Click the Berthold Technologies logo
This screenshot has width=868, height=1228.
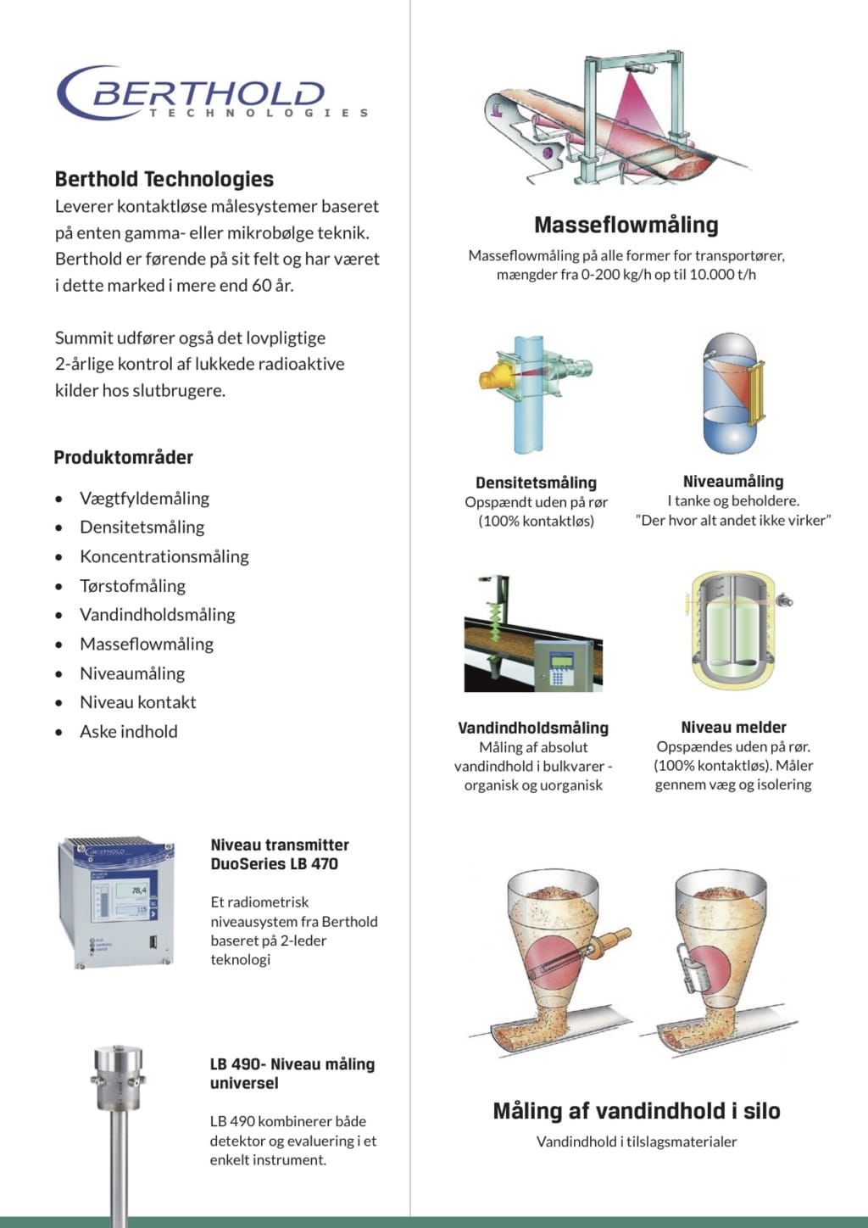(x=212, y=93)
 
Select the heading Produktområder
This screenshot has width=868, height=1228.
(x=124, y=457)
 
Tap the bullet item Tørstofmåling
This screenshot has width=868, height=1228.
(x=132, y=585)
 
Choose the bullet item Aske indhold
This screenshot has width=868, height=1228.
(x=128, y=731)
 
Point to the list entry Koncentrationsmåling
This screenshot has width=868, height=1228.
(x=164, y=556)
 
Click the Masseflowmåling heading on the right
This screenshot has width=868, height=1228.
(x=626, y=225)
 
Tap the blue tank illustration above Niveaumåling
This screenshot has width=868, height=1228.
(x=732, y=395)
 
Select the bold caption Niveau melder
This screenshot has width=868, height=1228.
(x=733, y=727)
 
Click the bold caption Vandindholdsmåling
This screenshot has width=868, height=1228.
(x=533, y=728)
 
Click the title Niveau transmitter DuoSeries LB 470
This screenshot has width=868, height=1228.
(x=280, y=854)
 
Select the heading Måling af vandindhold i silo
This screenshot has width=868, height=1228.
(x=637, y=1111)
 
